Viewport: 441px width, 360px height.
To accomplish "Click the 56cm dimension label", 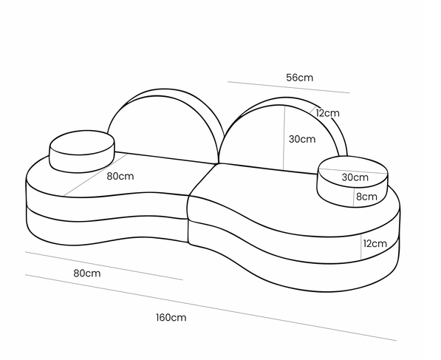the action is click(x=299, y=78).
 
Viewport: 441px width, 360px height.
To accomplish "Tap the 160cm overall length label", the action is click(x=171, y=318).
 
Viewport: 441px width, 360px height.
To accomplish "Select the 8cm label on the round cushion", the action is click(x=366, y=197).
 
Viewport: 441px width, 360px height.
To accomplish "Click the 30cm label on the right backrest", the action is click(x=302, y=139).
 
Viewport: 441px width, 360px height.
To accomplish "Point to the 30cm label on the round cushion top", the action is click(x=355, y=177).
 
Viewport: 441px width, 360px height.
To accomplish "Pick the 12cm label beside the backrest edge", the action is click(x=327, y=113).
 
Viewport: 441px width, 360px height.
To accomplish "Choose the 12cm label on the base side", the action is click(x=375, y=243).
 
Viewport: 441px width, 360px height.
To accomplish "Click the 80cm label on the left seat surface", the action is click(x=120, y=176).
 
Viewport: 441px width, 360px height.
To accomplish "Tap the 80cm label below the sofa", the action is click(x=87, y=273).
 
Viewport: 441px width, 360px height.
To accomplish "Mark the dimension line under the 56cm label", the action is click(x=289, y=87).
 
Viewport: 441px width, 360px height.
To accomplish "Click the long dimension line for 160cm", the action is click(x=211, y=308).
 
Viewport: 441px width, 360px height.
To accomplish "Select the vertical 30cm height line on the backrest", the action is click(x=284, y=138).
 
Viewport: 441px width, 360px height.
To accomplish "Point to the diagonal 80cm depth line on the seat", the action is click(x=95, y=174).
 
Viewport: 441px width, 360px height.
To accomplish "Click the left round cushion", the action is click(x=82, y=151).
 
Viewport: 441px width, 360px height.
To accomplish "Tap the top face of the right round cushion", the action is click(x=353, y=172).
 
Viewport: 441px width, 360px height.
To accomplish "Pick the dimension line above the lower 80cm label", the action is click(x=104, y=265).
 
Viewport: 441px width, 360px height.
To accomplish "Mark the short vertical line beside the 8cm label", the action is click(x=354, y=197).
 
